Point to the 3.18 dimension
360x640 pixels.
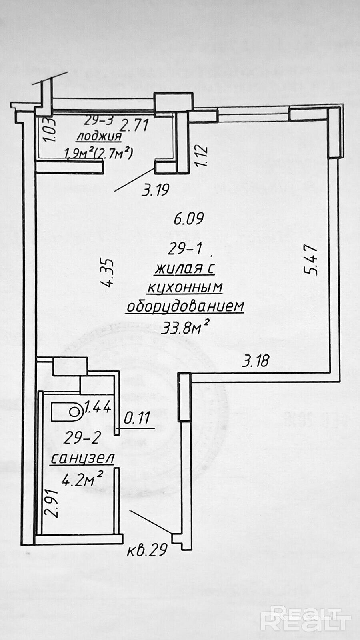click(x=256, y=361)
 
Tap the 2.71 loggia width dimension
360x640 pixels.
click(x=135, y=126)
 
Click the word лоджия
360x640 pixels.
click(x=99, y=137)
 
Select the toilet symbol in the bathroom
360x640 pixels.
click(x=67, y=412)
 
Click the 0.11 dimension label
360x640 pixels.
click(x=137, y=418)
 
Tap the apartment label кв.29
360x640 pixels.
click(x=147, y=551)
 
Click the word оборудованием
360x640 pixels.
click(x=185, y=306)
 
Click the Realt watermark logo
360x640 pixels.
click(x=306, y=618)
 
